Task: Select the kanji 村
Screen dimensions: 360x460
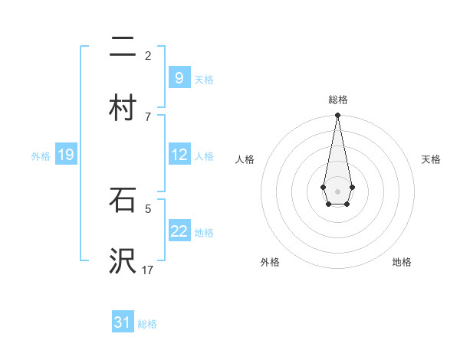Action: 123,108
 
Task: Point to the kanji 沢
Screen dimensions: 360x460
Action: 123,261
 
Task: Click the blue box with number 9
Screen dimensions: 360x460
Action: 179,77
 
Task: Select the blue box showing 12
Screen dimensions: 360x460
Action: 179,155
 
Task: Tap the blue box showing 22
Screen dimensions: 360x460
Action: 179,231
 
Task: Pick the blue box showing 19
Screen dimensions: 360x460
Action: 65,155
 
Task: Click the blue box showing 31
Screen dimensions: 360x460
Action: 123,322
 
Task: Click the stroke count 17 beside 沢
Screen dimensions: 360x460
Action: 148,270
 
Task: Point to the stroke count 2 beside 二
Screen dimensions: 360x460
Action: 148,55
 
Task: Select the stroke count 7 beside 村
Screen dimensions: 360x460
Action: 148,116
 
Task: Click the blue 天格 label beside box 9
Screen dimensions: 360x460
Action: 204,79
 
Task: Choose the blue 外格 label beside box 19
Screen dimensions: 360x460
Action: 41,155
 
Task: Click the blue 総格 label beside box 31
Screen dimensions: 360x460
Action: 147,324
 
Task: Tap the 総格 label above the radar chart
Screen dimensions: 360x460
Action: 337,100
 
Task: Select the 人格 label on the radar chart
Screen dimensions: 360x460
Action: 245,159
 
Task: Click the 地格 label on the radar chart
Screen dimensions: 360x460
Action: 402,262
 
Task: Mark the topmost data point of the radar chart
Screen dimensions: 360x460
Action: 337,116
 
